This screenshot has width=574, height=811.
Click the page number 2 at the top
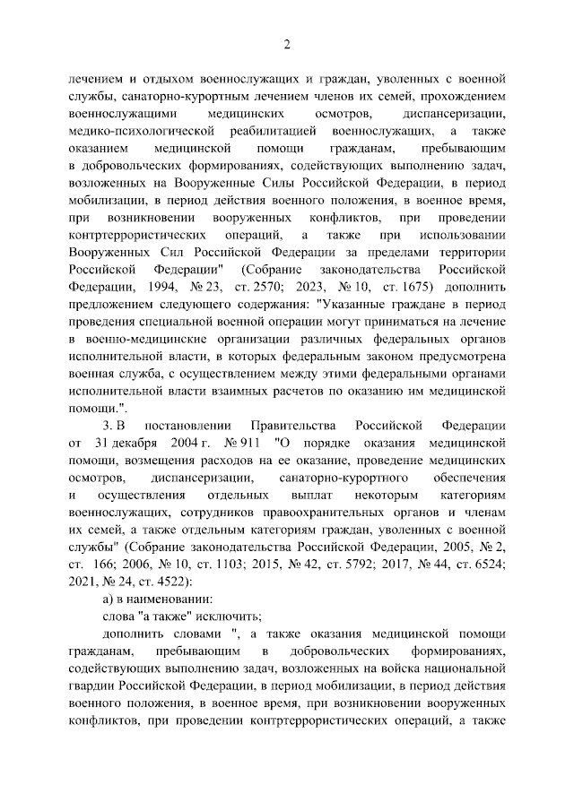click(x=287, y=45)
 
